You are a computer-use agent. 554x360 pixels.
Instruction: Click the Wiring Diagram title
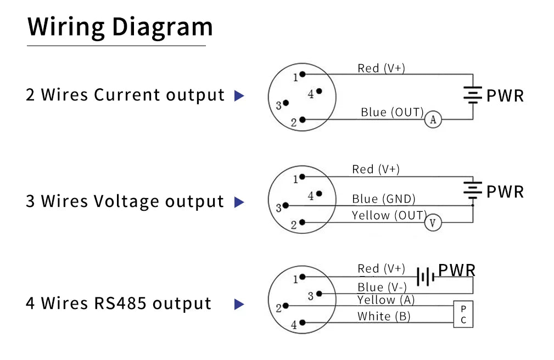coord(120,27)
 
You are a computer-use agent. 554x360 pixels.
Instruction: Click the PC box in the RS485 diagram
coord(463,314)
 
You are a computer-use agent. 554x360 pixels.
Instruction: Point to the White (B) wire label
coord(384,316)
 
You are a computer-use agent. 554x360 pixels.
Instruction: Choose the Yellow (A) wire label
coord(386,300)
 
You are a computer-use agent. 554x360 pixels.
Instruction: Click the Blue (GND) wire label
coord(384,199)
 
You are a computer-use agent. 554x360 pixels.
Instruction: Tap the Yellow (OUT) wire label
coord(390,215)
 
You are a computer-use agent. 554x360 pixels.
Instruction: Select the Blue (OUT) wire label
coord(392,113)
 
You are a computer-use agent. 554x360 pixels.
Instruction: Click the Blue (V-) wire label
coord(382,287)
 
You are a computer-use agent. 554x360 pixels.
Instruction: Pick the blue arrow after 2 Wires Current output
coord(239,95)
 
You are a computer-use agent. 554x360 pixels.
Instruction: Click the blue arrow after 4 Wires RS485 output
coord(239,304)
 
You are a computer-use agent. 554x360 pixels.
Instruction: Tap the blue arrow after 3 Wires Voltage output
coord(239,202)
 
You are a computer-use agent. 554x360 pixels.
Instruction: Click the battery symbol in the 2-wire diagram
coord(473,95)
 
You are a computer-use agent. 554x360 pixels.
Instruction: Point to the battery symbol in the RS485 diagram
coord(426,276)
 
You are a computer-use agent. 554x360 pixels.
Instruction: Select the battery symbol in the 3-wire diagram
coord(473,190)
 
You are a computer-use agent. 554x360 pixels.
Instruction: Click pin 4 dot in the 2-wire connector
coord(319,91)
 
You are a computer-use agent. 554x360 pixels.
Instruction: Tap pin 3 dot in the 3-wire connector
coord(286,205)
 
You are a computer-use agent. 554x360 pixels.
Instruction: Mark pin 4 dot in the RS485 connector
coord(303,323)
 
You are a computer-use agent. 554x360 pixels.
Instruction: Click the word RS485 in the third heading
coord(120,303)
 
